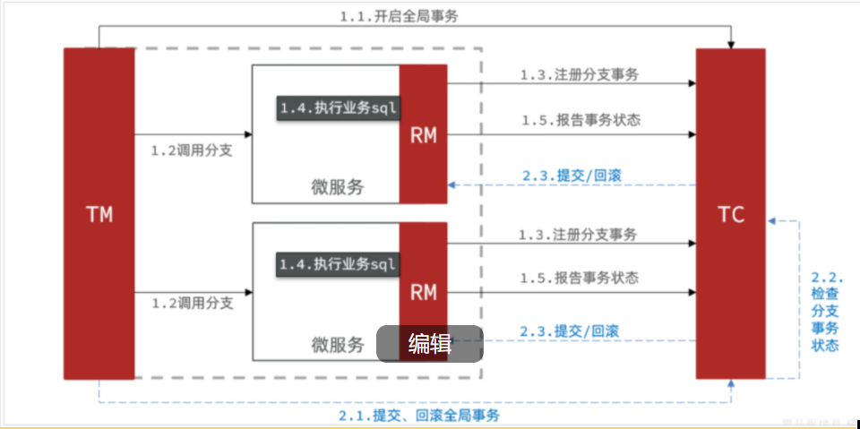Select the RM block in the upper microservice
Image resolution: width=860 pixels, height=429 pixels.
pos(423,134)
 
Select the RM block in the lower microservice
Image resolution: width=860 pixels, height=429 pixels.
pos(423,291)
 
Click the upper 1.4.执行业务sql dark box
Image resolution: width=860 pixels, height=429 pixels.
pos(337,107)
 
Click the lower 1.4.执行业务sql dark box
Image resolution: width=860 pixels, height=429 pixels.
pos(337,264)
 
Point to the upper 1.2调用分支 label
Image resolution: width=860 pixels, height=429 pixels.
pos(192,150)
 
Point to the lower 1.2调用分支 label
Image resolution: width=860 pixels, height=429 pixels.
pos(192,303)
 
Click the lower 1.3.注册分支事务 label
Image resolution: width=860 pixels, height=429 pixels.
pos(579,235)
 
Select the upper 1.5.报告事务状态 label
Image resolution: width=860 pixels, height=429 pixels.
pos(580,119)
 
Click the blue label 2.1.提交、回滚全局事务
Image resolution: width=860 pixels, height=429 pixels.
pos(419,416)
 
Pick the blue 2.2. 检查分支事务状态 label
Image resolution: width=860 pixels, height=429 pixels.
pos(825,312)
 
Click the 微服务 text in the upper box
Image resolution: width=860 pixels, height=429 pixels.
pos(338,187)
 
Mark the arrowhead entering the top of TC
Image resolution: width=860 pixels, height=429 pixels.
pos(731,43)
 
